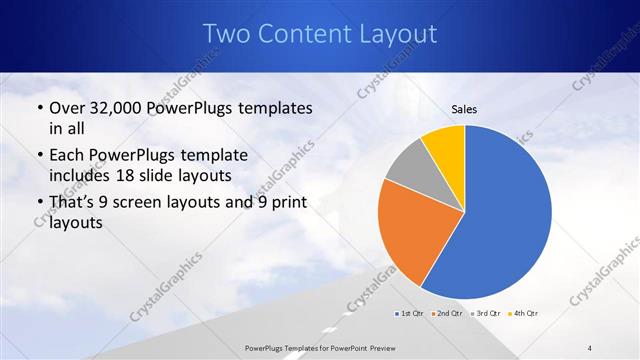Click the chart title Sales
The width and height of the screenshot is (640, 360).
coord(465,108)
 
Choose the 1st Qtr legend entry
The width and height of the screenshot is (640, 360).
coord(410,314)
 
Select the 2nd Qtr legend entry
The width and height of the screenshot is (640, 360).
coord(447,314)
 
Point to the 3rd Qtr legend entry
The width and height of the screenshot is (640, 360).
coord(486,314)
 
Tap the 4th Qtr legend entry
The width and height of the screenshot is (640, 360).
coord(523,314)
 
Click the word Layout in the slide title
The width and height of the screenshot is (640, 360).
coord(391,35)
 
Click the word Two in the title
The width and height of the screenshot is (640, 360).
coord(226,35)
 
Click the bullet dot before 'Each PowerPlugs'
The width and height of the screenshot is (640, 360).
coord(39,156)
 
